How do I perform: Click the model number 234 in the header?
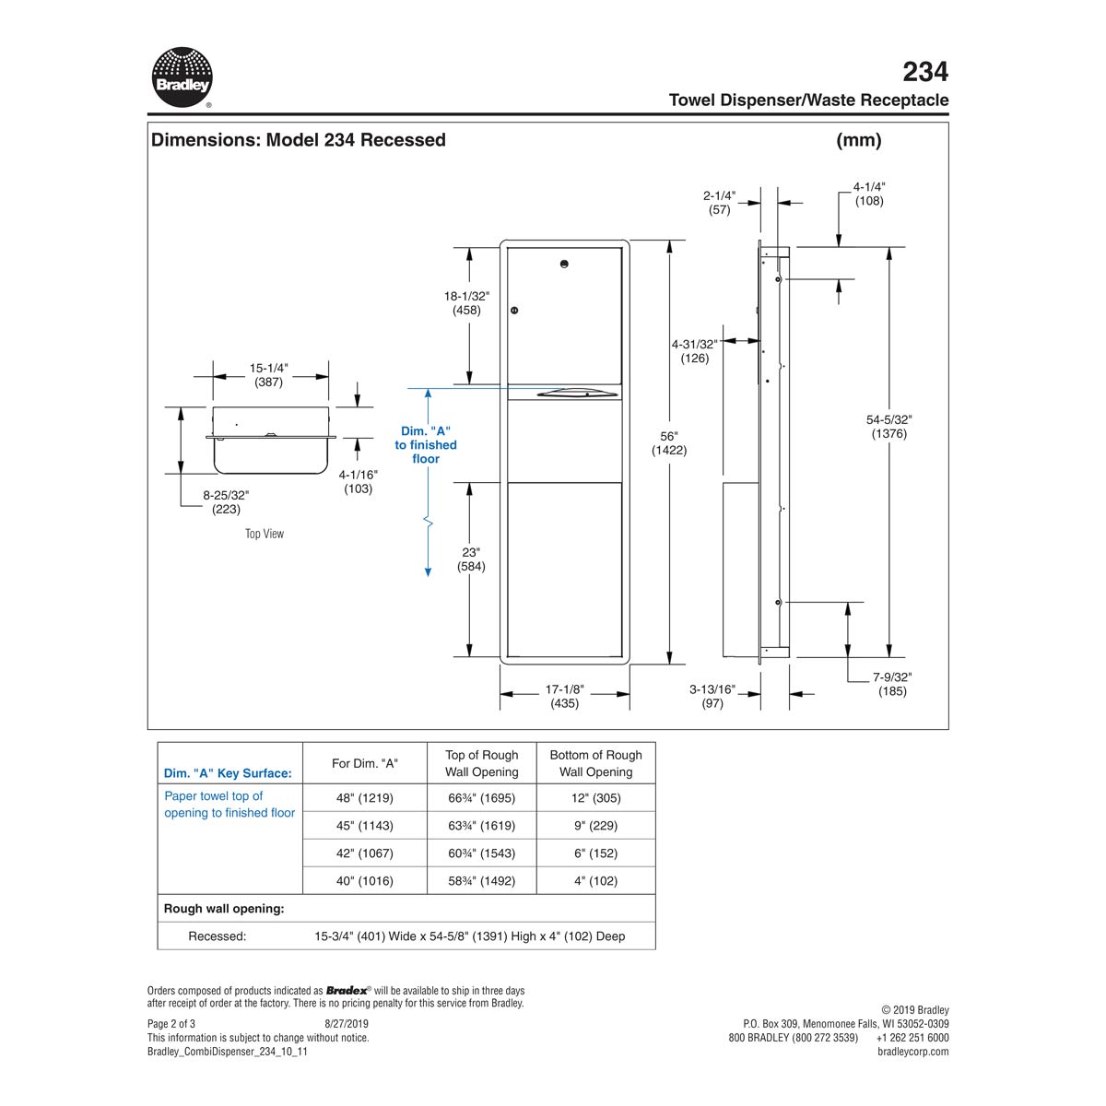[924, 71]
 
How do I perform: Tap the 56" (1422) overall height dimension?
[668, 443]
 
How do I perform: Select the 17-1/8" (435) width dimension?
[564, 697]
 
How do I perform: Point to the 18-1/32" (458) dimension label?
[466, 303]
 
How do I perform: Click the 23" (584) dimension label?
[471, 559]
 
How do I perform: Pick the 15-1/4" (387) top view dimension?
[268, 375]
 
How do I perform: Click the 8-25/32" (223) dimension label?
[226, 501]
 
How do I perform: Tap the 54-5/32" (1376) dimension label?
[890, 426]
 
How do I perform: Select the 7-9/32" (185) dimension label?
[892, 684]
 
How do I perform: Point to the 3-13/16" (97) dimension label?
[712, 696]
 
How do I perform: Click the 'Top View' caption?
[265, 534]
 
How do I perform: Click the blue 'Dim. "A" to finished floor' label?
[426, 444]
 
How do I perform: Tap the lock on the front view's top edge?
[565, 265]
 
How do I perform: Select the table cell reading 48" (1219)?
[365, 798]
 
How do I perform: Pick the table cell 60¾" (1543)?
[481, 853]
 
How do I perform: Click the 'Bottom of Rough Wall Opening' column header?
[595, 763]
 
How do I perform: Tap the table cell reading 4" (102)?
[595, 881]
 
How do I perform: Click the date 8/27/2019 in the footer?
[347, 1023]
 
